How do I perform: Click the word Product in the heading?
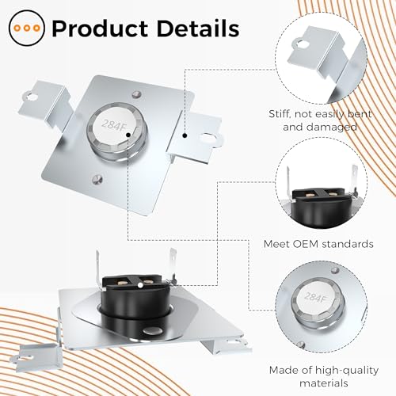(100, 29)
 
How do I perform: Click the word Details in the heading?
(198, 28)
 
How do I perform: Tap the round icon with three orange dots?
(27, 28)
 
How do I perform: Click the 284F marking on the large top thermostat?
(113, 125)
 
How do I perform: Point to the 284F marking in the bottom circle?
(315, 297)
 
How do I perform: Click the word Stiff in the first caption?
(280, 114)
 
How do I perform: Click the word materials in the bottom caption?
(324, 383)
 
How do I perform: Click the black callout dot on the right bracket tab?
(185, 135)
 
